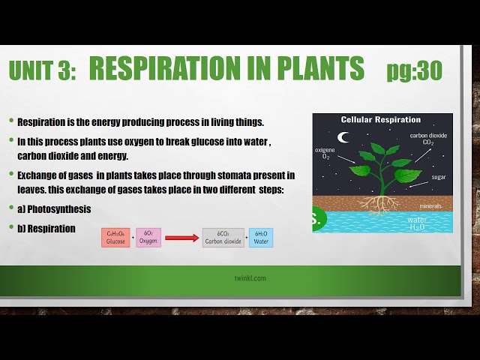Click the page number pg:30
tap(415, 70)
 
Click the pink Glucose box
tap(115, 238)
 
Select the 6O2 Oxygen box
tap(148, 238)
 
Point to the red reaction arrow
tap(181, 238)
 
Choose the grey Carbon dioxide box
tap(223, 238)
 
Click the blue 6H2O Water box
tap(261, 238)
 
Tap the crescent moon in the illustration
tap(343, 137)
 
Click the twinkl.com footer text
tap(250, 278)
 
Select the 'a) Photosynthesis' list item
tap(54, 209)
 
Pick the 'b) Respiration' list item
tap(46, 229)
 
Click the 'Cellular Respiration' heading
tap(381, 120)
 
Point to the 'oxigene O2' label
tap(325, 153)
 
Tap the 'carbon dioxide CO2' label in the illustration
tap(428, 139)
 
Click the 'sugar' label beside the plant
tap(439, 177)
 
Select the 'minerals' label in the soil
tap(430, 206)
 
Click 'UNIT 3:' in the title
tap(42, 70)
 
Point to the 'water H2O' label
tap(417, 223)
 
